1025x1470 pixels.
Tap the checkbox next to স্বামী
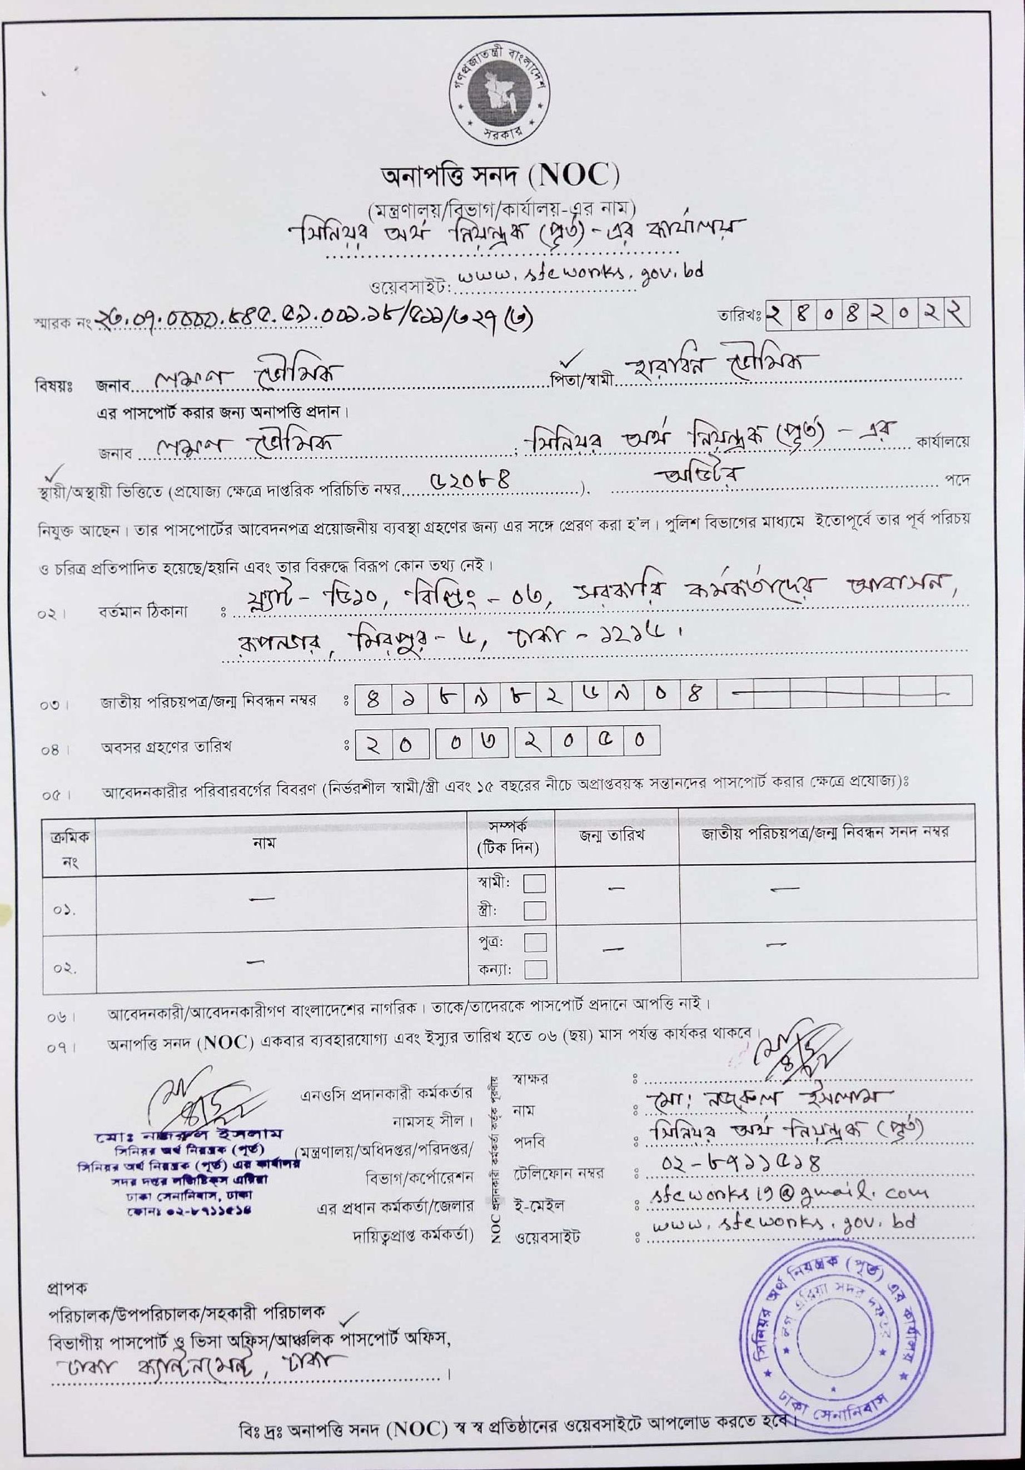(535, 883)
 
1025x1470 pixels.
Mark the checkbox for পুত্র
(535, 942)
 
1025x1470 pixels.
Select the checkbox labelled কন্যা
(535, 969)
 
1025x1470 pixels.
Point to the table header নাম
(268, 842)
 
